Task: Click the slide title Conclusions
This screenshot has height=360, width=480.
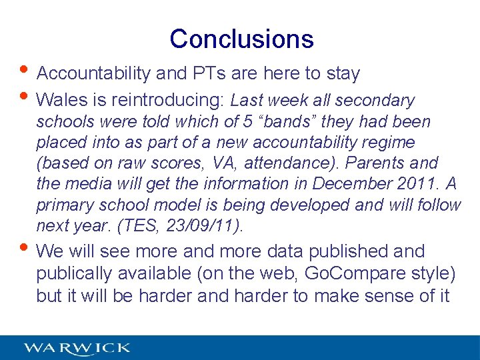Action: (241, 39)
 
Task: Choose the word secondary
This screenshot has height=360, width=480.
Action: (375, 101)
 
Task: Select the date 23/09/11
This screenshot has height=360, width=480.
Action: (206, 225)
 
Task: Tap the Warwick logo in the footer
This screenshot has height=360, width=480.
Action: (77, 348)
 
